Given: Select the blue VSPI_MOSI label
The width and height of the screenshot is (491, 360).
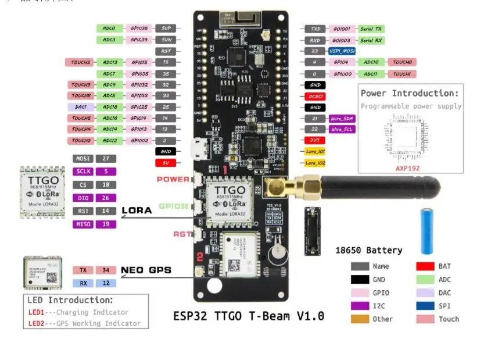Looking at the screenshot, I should [341, 51].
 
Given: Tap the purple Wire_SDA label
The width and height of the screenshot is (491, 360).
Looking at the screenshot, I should [342, 118].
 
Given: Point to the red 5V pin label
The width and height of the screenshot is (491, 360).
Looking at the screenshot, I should [165, 163].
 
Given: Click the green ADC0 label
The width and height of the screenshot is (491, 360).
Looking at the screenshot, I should [109, 28].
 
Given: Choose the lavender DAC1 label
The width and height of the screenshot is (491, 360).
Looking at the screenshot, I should [81, 107].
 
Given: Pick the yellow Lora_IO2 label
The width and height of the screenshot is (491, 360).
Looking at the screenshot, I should [315, 163].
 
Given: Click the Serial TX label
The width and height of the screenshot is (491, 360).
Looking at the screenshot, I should [371, 28].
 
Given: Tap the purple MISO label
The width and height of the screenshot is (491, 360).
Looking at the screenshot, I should [82, 224].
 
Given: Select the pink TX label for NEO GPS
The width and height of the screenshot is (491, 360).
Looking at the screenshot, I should [83, 270].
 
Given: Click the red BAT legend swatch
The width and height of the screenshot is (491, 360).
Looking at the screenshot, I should [425, 266].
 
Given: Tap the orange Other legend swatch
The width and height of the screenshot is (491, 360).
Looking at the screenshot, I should [360, 319].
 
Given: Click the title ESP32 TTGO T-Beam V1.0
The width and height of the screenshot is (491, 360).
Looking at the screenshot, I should [249, 316].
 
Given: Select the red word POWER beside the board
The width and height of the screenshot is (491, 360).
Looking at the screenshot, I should [173, 179].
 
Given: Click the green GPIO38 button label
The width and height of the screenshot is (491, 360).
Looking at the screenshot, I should [173, 206].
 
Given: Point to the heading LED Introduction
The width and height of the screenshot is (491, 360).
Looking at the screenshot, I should [70, 300].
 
